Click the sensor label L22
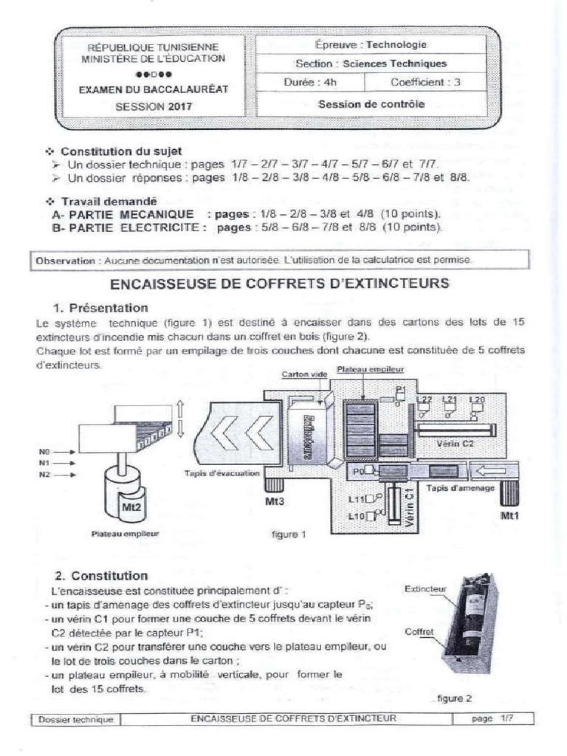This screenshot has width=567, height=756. [424, 399]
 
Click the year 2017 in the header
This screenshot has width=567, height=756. [179, 106]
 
